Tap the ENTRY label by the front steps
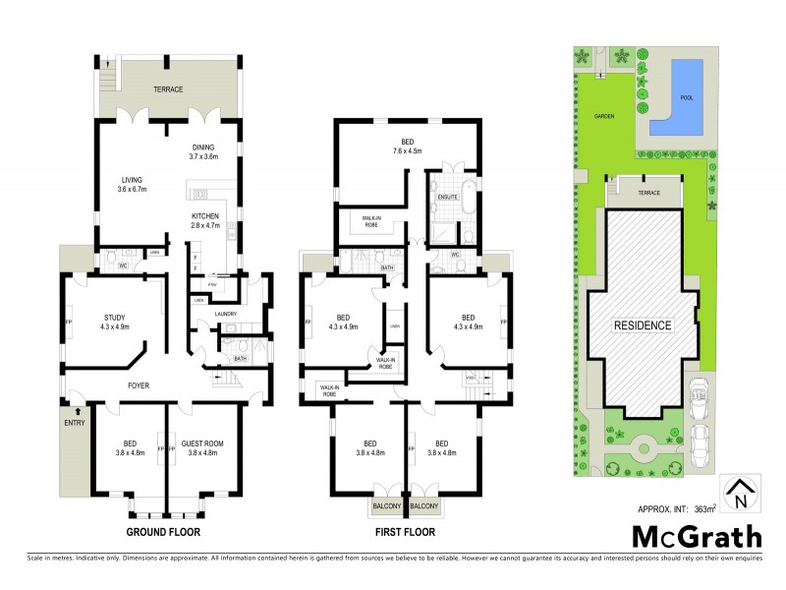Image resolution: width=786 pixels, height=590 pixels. (x=75, y=423)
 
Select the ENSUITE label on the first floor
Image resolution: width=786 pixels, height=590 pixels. (x=447, y=197)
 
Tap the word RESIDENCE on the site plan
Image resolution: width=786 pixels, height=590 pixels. (x=644, y=325)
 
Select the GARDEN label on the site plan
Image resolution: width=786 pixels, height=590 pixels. (x=603, y=115)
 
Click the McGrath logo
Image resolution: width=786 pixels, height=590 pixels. (x=696, y=537)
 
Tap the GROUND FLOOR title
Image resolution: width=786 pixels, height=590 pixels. (x=162, y=532)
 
